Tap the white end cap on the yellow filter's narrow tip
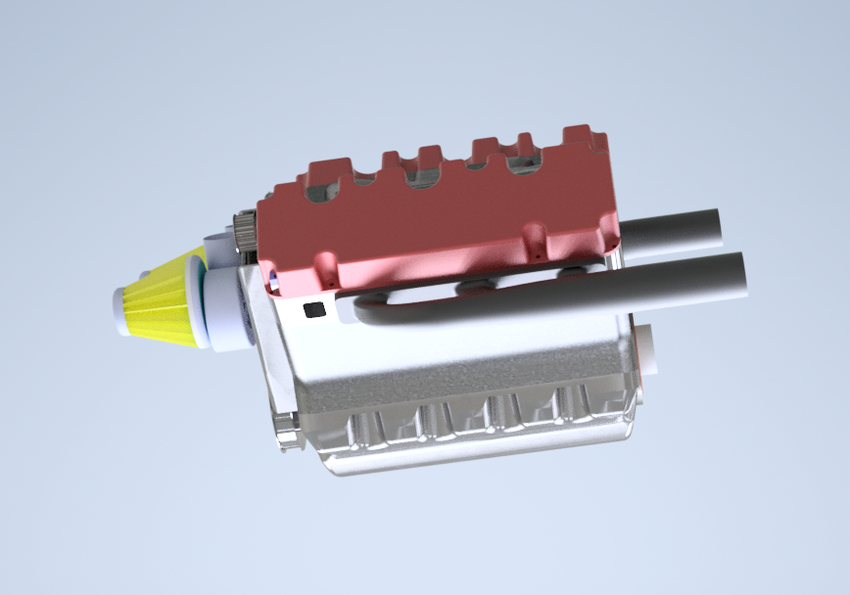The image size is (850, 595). click(120, 310)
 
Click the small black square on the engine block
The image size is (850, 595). click(314, 310)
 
